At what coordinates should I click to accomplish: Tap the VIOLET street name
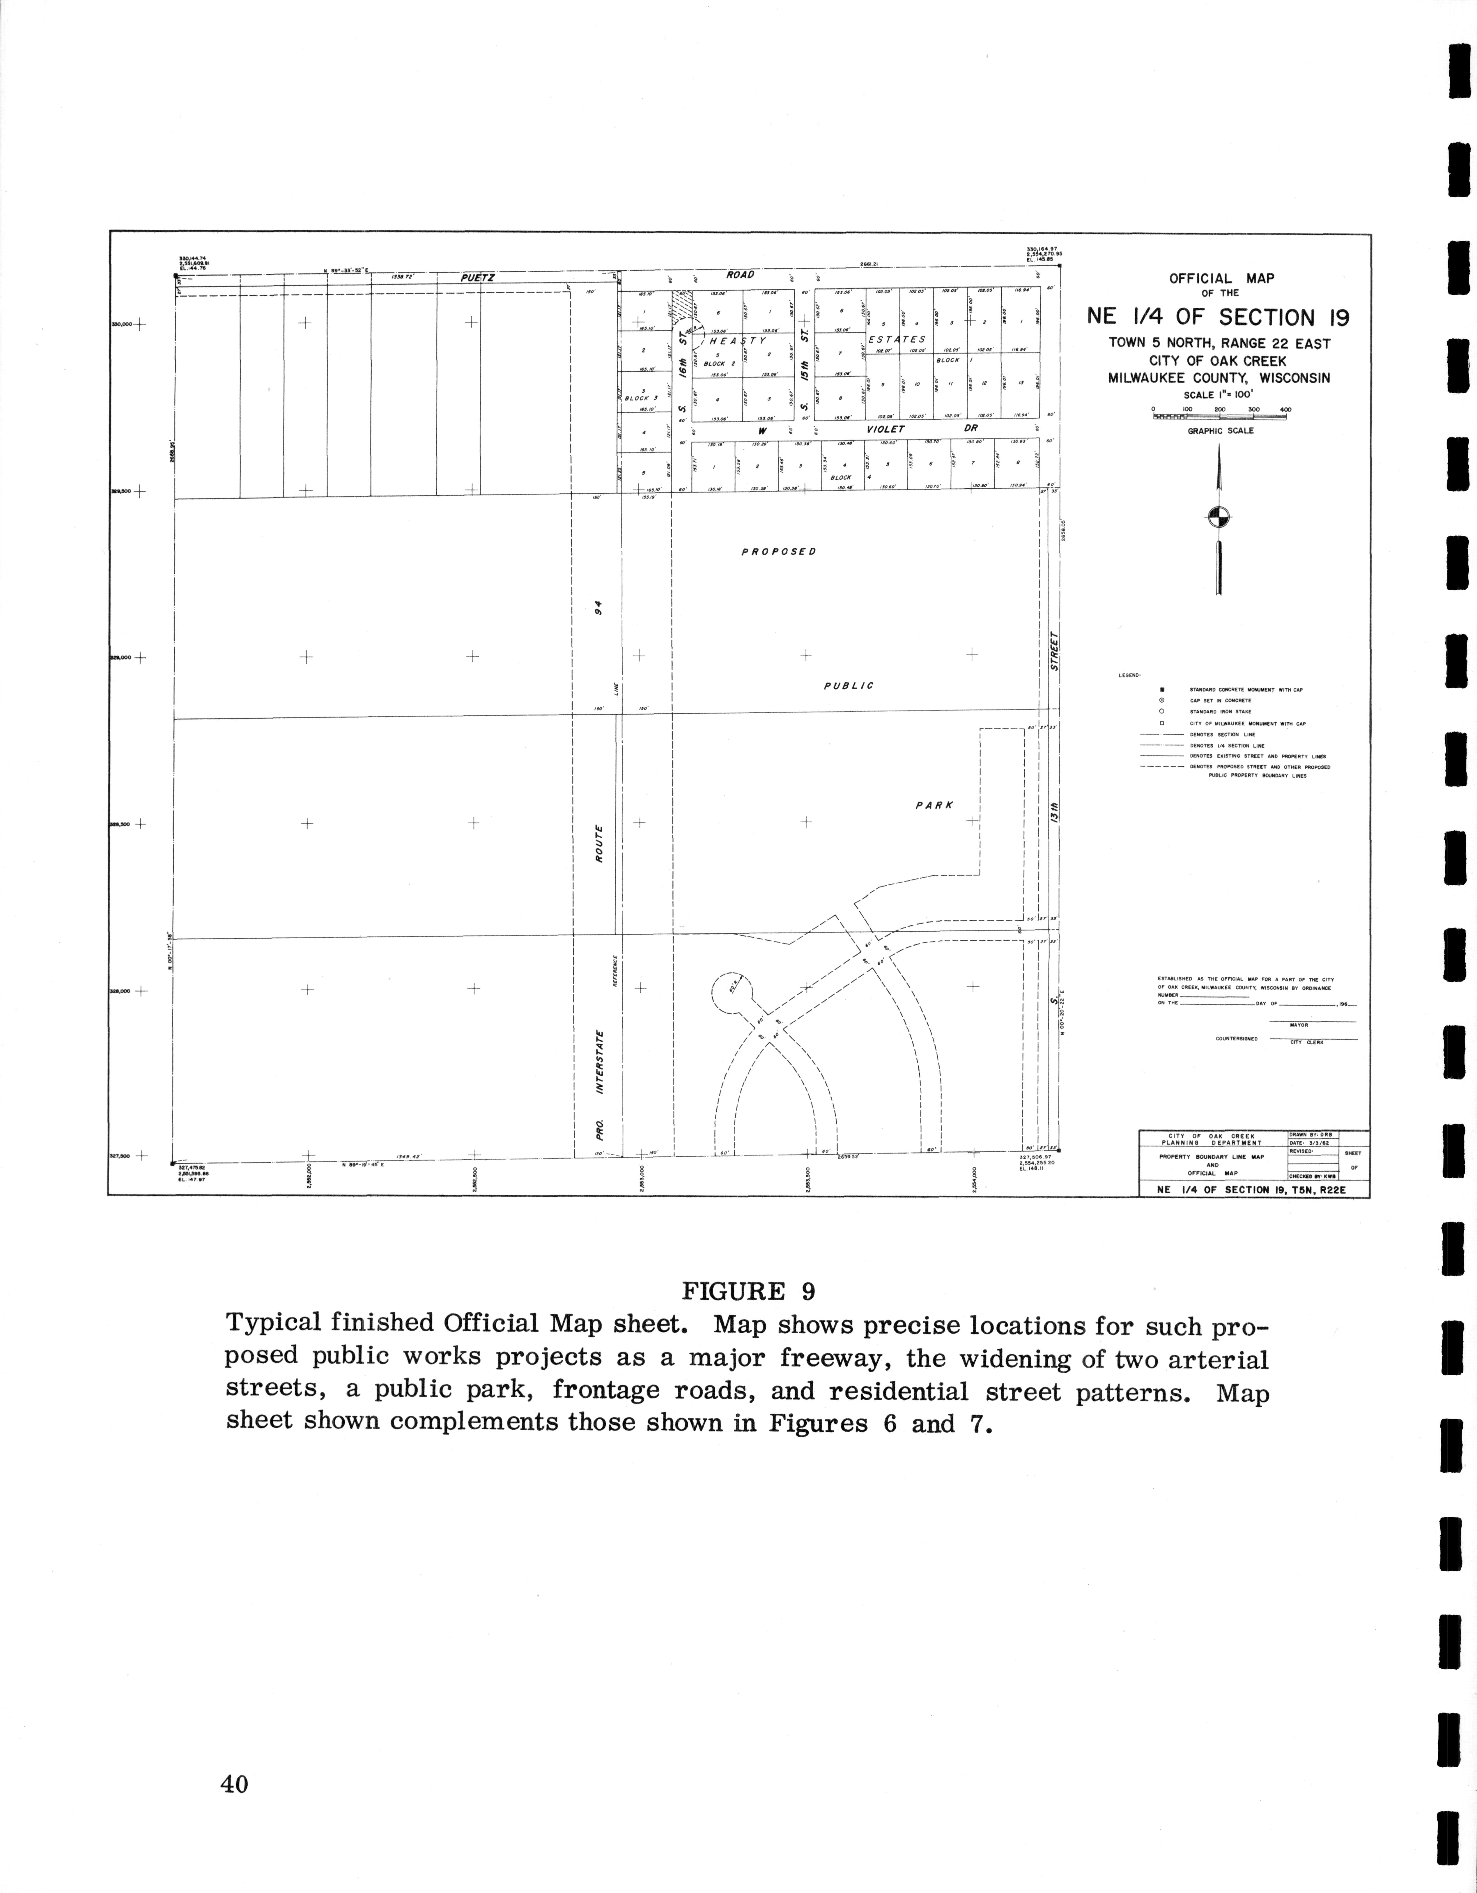(885, 429)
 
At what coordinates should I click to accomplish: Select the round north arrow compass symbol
(1219, 517)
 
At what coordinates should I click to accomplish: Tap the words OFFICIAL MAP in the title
(1221, 279)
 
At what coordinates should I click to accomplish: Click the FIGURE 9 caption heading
(748, 1291)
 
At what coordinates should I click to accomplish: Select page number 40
(234, 1784)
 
